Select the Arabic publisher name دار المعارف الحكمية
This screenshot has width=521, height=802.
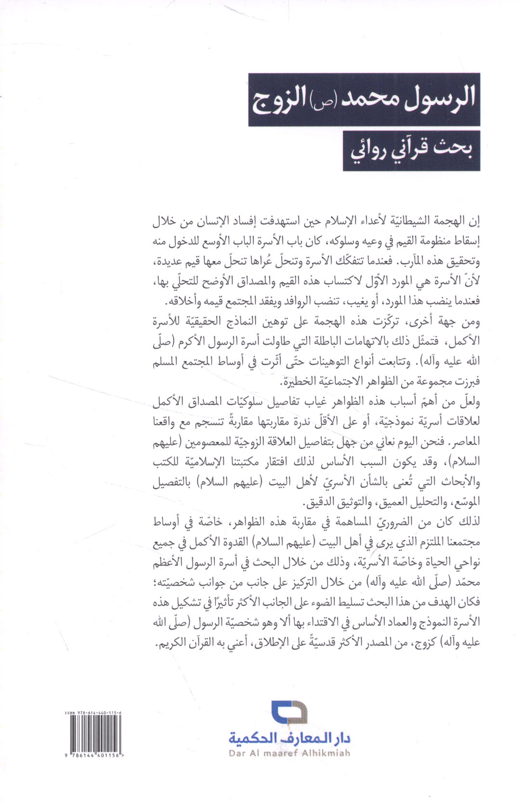coord(289,737)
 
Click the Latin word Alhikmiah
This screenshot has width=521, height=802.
coord(326,753)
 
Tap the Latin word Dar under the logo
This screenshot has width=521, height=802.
coord(237,753)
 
